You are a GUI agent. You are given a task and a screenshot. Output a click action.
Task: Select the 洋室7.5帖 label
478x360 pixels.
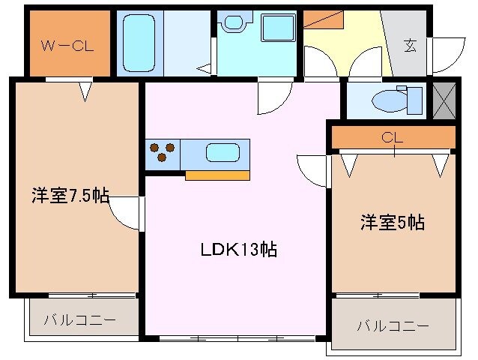(70, 196)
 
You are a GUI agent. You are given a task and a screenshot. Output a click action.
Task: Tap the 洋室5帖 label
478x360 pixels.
(392, 222)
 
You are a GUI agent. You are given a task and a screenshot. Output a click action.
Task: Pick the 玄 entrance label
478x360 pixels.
(411, 44)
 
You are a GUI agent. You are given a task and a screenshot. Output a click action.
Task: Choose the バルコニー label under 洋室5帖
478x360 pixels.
(392, 325)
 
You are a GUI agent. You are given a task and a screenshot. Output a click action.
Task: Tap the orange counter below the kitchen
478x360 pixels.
(217, 175)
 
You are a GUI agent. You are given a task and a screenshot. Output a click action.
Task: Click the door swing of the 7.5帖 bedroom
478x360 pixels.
(124, 214)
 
